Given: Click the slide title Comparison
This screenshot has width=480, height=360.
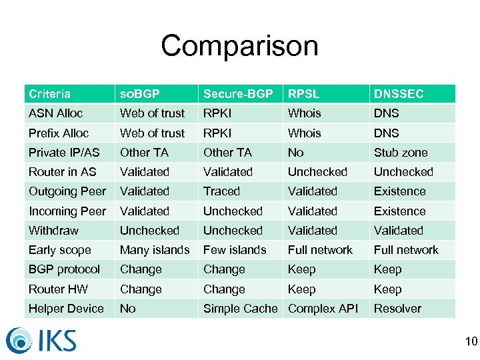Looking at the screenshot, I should point(239,46).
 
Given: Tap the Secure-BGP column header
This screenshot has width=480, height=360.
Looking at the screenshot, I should point(237,94).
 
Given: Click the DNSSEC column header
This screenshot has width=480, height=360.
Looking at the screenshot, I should point(398,94).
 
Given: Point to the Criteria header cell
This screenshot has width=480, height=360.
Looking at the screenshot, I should point(49,94).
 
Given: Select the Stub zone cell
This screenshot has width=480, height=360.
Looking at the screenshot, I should point(400,152).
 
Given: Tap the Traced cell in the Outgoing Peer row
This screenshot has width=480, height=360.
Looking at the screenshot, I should point(221,191).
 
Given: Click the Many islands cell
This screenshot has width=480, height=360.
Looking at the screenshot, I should point(155,250).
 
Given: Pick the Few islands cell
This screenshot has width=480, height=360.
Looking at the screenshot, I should point(234,250).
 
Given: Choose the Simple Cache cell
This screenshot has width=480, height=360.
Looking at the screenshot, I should point(240,309).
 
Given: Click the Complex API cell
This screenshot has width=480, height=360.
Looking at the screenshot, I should point(323,309).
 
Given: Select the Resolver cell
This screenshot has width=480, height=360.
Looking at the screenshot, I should point(397,309).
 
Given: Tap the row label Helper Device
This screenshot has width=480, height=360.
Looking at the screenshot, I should point(66,309).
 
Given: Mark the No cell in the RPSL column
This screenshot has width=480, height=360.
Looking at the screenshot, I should point(295,152).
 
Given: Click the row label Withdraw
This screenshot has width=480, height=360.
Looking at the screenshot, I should point(53,231).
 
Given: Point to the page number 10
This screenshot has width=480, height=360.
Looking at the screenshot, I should point(471,342).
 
